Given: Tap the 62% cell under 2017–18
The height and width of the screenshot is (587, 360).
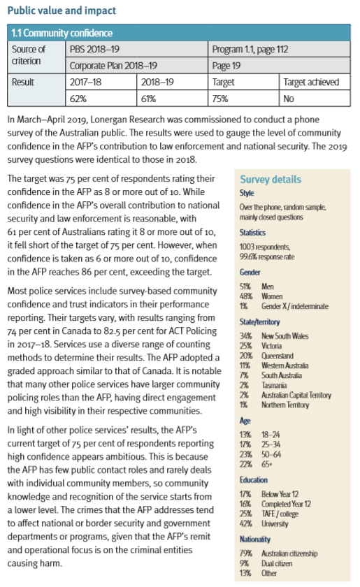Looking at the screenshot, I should coord(79,99).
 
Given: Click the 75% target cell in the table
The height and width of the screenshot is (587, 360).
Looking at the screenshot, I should coord(223,99).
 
